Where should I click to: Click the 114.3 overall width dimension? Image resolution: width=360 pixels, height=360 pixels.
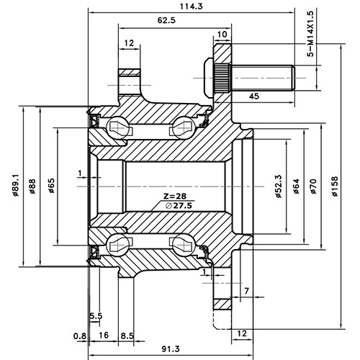(190, 6)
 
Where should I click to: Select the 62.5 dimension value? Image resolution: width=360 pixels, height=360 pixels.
(168, 21)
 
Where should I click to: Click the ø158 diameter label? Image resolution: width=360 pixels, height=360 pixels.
(334, 189)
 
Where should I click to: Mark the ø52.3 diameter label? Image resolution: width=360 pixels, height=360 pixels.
(278, 189)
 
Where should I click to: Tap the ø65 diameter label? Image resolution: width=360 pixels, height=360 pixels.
(52, 185)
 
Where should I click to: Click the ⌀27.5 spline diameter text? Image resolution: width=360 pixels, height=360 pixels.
(179, 206)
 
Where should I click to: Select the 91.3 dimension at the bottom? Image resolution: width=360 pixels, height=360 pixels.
(170, 349)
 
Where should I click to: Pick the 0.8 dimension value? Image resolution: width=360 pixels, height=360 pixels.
(79, 336)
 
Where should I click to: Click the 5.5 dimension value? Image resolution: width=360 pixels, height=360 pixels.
(95, 316)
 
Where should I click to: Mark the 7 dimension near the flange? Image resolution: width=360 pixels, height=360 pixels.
(247, 290)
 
